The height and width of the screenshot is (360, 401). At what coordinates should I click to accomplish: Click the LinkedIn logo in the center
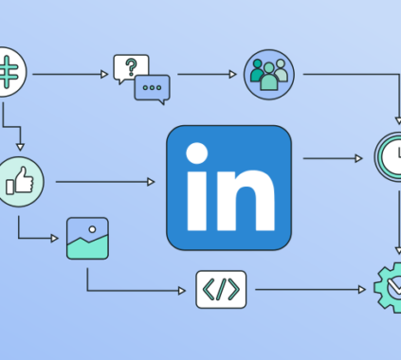pyautogui.click(x=228, y=187)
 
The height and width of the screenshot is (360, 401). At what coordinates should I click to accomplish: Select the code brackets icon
pyautogui.click(x=220, y=289)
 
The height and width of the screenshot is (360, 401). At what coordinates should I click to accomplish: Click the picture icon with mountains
pyautogui.click(x=87, y=239)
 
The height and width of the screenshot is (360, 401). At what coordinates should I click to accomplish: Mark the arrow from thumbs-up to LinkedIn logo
pyautogui.click(x=104, y=180)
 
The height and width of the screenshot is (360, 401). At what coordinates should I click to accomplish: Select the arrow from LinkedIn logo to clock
pyautogui.click(x=332, y=158)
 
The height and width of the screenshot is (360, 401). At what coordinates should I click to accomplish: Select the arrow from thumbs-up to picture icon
pyautogui.click(x=38, y=237)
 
